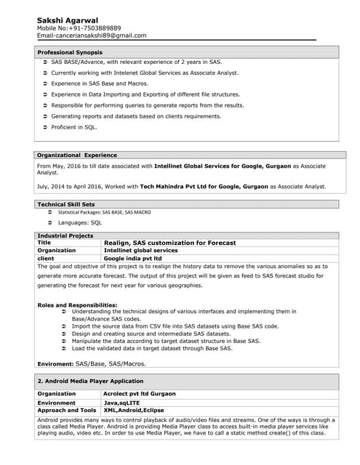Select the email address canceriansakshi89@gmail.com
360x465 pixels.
105,35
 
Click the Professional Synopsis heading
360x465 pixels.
70,52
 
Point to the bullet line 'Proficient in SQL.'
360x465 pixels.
73,127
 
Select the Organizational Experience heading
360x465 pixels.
76,155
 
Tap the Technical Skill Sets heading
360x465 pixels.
65,204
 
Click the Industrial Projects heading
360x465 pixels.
65,235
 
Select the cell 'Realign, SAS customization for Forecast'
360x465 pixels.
170,243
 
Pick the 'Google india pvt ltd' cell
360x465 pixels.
133,258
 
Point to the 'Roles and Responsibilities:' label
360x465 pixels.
77,304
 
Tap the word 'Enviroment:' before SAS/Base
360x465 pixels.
55,363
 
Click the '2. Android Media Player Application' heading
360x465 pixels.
90,381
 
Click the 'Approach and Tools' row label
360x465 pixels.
66,411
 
